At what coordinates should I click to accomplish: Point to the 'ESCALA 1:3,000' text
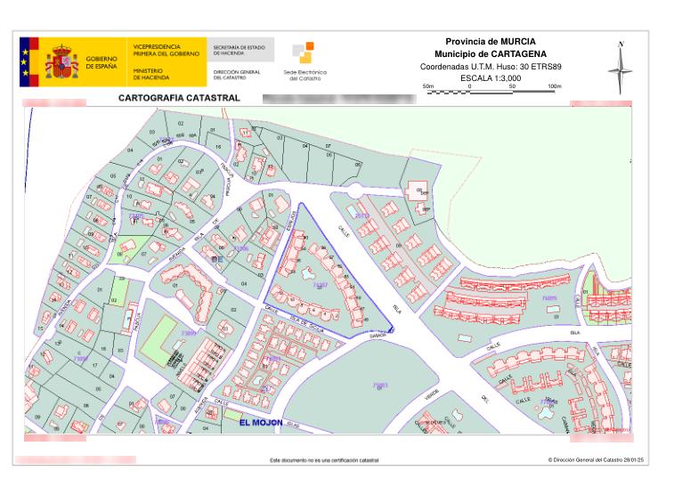(491, 78)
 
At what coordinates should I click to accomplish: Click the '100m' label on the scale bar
(554, 86)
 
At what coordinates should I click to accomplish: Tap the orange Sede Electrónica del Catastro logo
(302, 54)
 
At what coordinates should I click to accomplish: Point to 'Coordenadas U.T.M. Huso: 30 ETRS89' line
(491, 67)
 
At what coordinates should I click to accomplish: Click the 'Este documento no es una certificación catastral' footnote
(324, 460)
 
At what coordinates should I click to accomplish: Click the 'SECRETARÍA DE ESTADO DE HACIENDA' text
(240, 51)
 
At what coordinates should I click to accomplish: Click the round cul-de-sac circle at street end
(355, 190)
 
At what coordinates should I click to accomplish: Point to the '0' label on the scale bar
(468, 86)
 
